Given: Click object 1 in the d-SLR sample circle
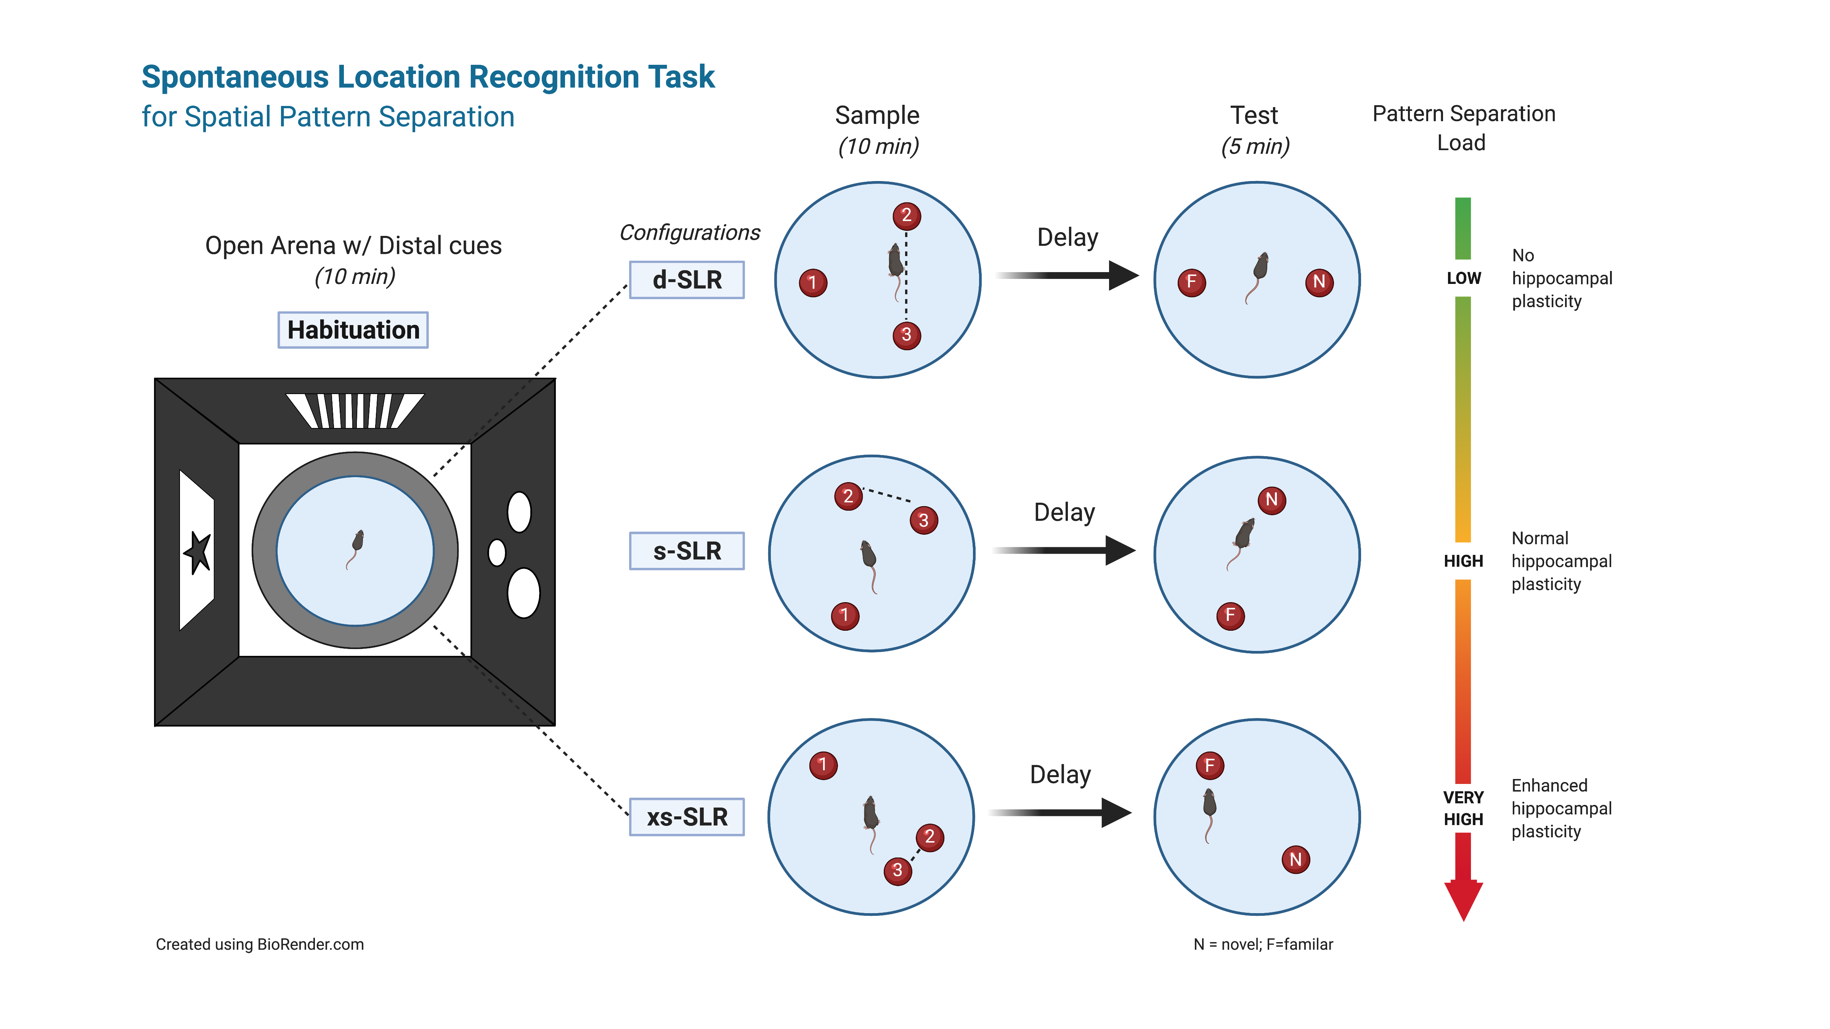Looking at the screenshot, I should pos(813,283).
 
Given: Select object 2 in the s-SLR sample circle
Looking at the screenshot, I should pos(848,496).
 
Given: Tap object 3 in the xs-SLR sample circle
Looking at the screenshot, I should pos(897,870).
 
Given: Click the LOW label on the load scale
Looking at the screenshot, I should pos(1464,278).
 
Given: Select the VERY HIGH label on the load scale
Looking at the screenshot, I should pos(1464,808).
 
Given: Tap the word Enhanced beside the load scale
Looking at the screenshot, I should pos(1549,785).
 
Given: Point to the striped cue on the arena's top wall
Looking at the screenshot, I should pos(355,410).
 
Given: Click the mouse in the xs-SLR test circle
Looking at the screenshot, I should pos(1209,809).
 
